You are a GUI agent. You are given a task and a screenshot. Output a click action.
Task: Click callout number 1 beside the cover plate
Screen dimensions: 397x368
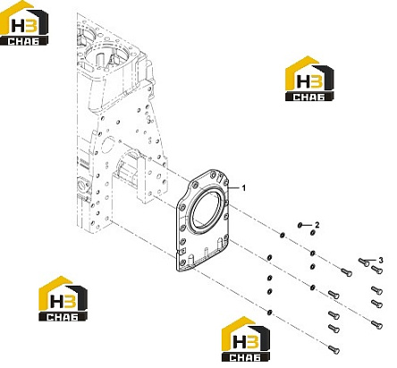(244, 188)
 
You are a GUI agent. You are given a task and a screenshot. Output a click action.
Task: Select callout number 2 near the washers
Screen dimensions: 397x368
(317, 225)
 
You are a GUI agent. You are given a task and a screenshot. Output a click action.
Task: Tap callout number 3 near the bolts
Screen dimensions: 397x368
(381, 261)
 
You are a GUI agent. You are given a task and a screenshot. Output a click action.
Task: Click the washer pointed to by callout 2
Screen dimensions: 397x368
(300, 225)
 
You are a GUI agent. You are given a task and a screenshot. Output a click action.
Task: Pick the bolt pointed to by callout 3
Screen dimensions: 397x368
(364, 262)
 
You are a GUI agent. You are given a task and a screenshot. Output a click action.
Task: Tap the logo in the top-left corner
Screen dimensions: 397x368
(24, 23)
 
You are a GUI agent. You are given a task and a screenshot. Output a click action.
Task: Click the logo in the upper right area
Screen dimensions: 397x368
(309, 79)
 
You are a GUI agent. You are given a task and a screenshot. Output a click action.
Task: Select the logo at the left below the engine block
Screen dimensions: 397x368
(63, 298)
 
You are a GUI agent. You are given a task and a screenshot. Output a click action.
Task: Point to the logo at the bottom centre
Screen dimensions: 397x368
(246, 339)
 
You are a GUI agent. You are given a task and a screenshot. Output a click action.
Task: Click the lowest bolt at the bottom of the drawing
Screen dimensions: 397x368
(334, 349)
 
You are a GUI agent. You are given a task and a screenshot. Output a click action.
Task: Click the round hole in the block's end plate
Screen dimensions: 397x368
(107, 145)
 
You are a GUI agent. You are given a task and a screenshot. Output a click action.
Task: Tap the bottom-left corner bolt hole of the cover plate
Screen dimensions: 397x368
(182, 262)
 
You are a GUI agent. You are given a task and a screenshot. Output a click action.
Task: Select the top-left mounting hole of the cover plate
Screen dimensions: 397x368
(195, 185)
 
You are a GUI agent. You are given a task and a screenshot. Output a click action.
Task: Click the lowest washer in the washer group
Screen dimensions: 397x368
(269, 312)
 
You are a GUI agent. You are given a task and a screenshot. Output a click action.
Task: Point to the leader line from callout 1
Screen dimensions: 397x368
(233, 188)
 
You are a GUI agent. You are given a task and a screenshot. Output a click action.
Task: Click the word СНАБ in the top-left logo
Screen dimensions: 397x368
(23, 41)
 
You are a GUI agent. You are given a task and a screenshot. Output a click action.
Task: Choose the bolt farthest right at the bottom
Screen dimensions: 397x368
(376, 324)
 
